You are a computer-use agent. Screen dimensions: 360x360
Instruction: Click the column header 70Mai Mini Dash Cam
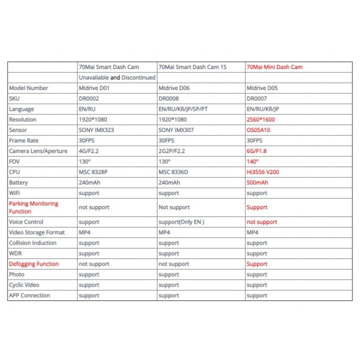(x=274, y=67)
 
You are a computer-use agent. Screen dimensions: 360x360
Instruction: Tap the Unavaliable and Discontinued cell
(x=117, y=77)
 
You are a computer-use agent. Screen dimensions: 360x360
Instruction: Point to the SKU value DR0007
(x=257, y=98)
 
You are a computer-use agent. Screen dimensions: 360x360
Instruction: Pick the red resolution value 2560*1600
(x=261, y=119)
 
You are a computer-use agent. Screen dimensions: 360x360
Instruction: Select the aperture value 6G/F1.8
(x=257, y=151)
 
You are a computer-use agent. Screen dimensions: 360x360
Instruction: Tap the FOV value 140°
(x=253, y=161)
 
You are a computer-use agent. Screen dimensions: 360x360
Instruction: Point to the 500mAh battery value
(x=257, y=182)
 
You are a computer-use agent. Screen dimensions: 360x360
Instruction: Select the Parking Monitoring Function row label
(x=33, y=207)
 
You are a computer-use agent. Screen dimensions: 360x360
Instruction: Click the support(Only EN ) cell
(x=181, y=222)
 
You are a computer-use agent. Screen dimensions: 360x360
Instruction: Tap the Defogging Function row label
(x=33, y=264)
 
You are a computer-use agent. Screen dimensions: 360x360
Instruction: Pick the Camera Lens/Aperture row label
(x=38, y=151)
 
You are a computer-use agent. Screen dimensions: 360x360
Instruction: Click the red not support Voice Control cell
(x=262, y=222)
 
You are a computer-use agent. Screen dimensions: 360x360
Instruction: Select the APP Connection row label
(x=29, y=295)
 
